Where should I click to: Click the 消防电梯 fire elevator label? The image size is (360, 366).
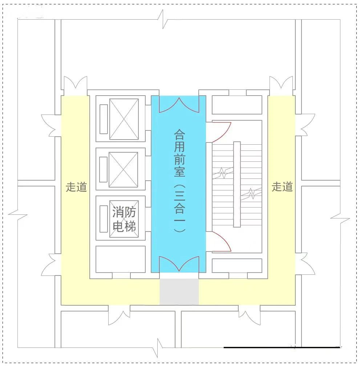click(124, 219)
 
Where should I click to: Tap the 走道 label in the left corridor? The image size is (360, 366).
click(76, 187)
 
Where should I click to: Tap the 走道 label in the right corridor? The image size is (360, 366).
click(282, 187)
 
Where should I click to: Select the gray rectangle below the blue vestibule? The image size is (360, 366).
click(179, 292)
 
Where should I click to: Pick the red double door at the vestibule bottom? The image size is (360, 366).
click(179, 264)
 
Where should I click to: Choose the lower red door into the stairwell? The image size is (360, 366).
click(219, 241)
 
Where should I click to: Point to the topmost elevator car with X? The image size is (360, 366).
click(124, 119)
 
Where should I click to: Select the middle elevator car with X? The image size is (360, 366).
click(124, 169)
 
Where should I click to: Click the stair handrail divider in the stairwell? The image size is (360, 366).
click(237, 184)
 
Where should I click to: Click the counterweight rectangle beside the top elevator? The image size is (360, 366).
click(104, 119)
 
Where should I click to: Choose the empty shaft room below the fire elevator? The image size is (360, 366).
click(120, 259)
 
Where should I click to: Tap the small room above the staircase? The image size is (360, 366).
click(237, 105)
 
